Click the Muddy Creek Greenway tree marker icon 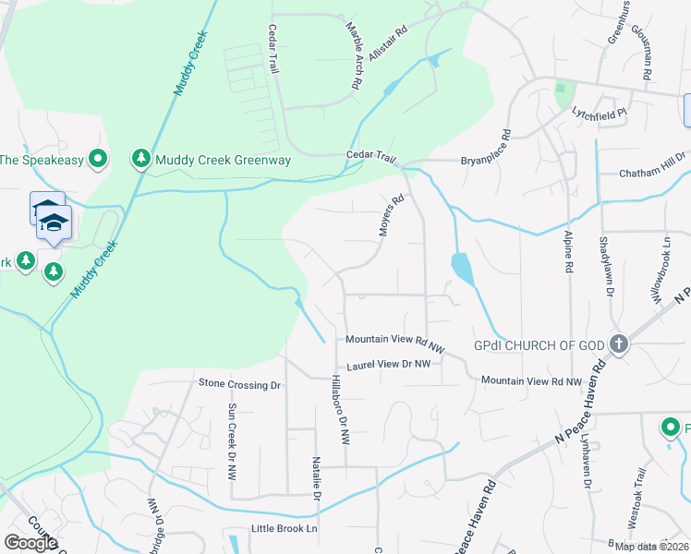(140, 160)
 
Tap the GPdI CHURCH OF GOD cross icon (619, 345)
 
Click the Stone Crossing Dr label (239, 383)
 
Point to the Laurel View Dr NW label (388, 365)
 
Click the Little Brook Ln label (285, 529)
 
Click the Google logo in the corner (30, 543)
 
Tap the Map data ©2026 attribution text (650, 547)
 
